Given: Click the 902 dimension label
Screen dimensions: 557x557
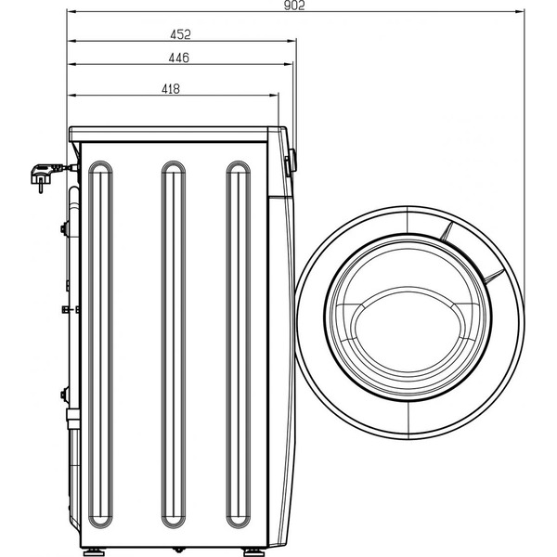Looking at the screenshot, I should pyautogui.click(x=292, y=6).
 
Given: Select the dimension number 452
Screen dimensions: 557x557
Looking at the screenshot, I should pyautogui.click(x=180, y=34).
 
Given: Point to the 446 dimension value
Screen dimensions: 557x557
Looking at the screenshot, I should pyautogui.click(x=179, y=58).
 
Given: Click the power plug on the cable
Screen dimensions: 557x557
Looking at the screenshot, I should pyautogui.click(x=43, y=173).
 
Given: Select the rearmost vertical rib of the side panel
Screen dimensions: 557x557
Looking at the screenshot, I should pyautogui.click(x=99, y=343).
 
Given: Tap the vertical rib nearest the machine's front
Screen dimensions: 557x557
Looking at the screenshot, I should pyautogui.click(x=239, y=343).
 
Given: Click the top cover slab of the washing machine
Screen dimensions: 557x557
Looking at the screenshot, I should pyautogui.click(x=176, y=132).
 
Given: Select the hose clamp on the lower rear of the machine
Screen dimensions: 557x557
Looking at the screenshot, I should pyautogui.click(x=65, y=395).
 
